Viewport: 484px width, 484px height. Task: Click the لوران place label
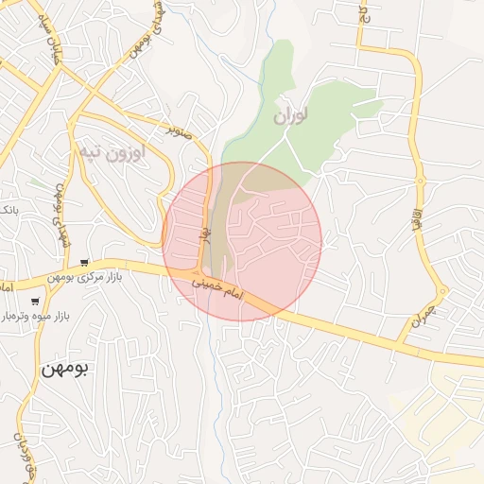click(x=291, y=116)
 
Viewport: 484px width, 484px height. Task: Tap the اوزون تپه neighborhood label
click(x=111, y=151)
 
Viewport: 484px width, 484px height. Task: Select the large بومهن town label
click(x=63, y=369)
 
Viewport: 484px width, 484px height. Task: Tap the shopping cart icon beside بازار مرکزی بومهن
click(x=85, y=263)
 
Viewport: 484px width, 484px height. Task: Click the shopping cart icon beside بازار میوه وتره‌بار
click(x=35, y=301)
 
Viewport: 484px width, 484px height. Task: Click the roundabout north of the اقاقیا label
click(x=420, y=179)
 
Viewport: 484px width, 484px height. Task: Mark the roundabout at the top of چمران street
click(x=441, y=291)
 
